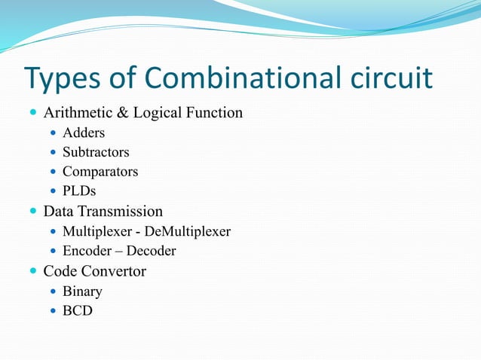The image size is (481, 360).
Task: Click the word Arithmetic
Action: point(77,114)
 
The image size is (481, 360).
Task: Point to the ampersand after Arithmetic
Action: point(121,114)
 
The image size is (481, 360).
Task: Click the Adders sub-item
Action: point(84,133)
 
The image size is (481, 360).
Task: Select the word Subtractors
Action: point(96,152)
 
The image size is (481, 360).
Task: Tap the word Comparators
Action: point(100,172)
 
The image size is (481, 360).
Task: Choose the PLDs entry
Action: point(79,191)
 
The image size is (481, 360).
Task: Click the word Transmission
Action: point(122,212)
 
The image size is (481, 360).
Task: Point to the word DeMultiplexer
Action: point(191,231)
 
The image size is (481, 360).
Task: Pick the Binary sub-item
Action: point(82,291)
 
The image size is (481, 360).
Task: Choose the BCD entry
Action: point(78,310)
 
